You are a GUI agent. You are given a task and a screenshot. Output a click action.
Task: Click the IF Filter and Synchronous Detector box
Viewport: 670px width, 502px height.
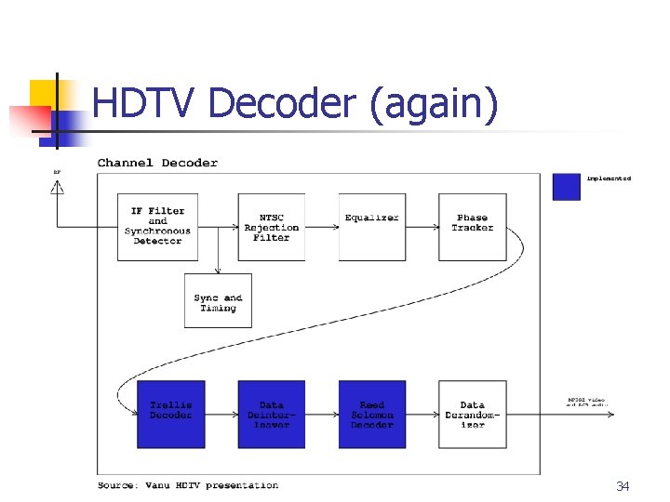(x=157, y=226)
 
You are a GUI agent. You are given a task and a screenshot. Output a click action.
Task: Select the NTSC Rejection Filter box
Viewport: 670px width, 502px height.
(x=271, y=226)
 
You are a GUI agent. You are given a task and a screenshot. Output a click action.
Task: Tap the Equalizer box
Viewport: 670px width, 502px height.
(x=371, y=226)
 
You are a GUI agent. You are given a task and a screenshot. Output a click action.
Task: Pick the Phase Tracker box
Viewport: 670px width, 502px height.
(x=473, y=226)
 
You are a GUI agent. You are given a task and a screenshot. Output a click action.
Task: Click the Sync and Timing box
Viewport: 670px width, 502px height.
(x=218, y=300)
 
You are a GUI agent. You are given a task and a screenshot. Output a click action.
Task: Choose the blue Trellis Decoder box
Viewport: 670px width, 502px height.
(x=171, y=414)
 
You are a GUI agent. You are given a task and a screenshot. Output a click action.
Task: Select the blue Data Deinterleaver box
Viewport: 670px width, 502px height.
(x=271, y=414)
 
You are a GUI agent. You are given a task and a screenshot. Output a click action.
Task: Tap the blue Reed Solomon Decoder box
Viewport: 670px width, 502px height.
(x=371, y=414)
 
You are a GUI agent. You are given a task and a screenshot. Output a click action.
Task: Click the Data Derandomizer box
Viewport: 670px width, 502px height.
(x=473, y=414)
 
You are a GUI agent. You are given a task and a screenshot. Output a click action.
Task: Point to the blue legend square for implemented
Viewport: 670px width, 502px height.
(x=567, y=186)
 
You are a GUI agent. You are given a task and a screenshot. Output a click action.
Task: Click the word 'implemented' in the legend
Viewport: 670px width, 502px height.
(x=609, y=178)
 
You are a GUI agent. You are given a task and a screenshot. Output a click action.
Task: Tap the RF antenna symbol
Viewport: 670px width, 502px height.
(x=58, y=187)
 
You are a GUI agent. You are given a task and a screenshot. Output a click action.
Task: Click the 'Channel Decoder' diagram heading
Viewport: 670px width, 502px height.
(x=157, y=163)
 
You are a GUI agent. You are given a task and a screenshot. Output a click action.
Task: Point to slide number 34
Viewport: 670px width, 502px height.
(x=623, y=486)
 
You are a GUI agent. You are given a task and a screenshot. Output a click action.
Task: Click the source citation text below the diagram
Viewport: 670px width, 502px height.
(x=188, y=485)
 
